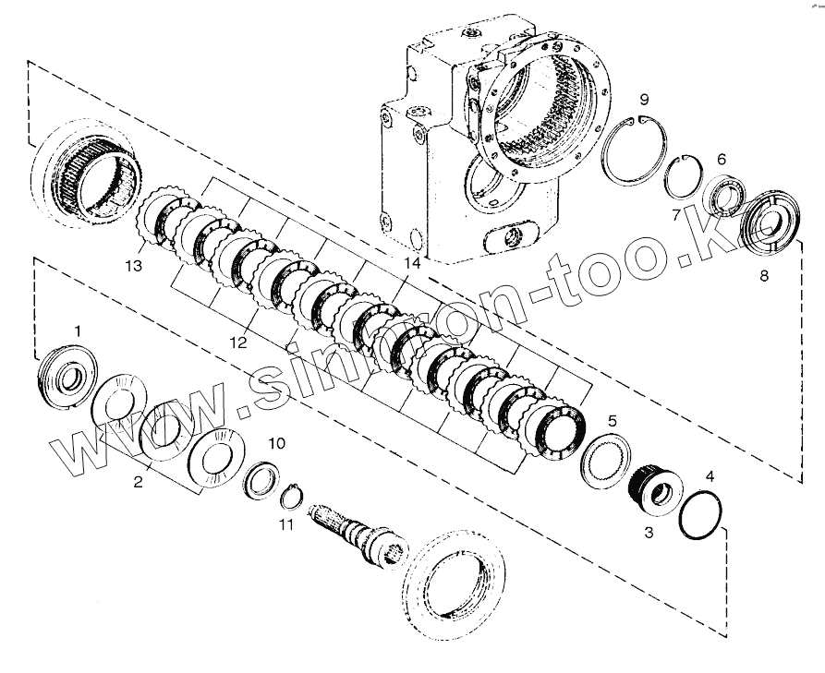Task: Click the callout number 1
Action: pos(78,330)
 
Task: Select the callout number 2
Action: pos(138,482)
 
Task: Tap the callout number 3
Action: pos(649,533)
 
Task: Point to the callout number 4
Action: pos(710,476)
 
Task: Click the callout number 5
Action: pos(612,422)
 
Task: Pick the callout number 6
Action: pos(722,159)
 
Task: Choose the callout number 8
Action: pos(762,274)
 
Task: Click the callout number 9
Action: pos(645,100)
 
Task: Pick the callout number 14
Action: pos(411,264)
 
